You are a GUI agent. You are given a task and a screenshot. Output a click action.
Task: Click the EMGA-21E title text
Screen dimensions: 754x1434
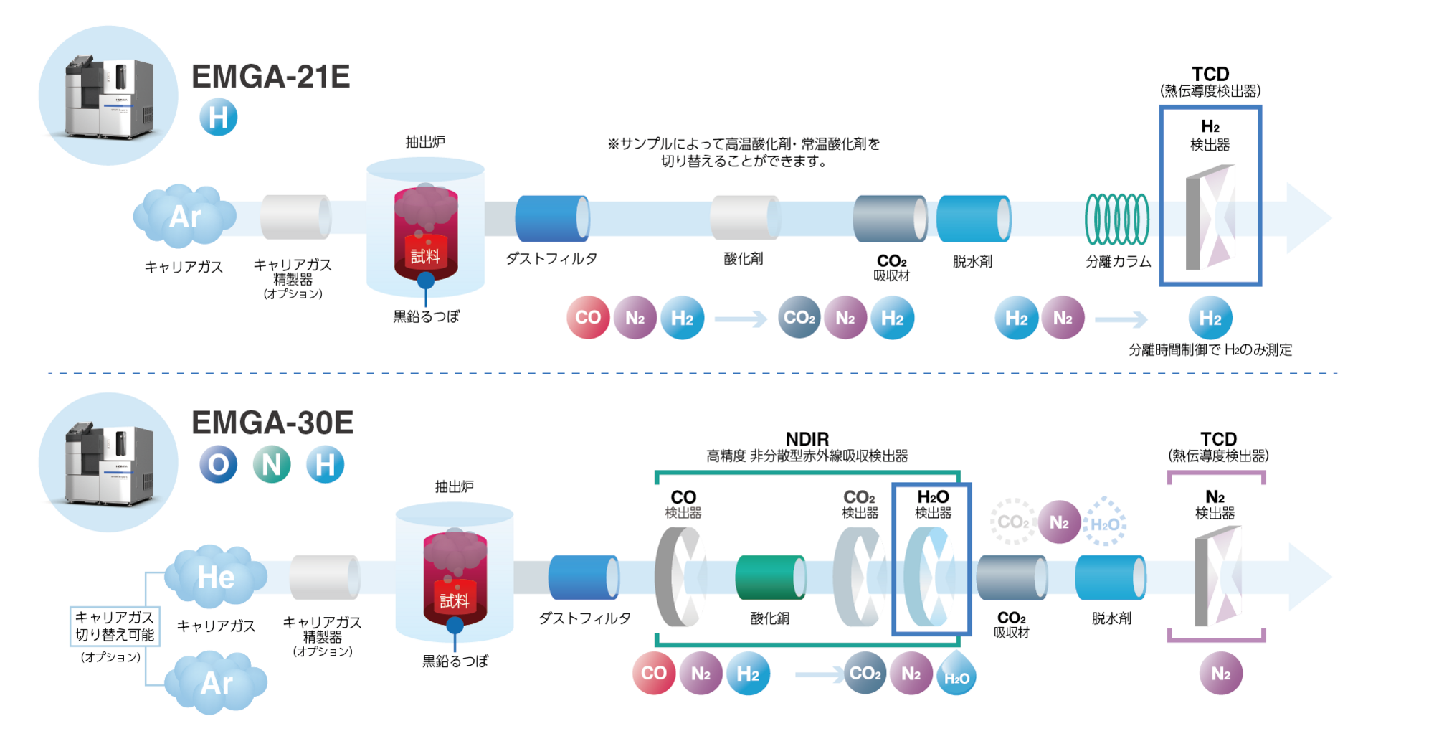270,77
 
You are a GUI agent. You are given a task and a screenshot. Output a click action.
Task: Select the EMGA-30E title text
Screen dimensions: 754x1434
272,423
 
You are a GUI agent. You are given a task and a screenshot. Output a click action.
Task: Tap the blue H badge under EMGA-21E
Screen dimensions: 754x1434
219,118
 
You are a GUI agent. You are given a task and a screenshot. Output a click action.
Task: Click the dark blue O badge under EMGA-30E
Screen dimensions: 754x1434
218,465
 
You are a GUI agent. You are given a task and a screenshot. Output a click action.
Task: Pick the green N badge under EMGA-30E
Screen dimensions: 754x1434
272,465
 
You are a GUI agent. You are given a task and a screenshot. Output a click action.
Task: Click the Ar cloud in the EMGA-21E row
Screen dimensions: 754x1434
184,216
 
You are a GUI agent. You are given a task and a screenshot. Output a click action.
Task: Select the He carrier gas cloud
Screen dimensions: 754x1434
215,576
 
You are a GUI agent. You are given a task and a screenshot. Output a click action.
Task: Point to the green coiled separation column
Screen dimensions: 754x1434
1116,219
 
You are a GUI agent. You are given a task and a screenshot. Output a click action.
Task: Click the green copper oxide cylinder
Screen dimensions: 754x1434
770,577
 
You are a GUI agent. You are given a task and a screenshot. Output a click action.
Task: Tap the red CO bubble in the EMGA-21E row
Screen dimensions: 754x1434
588,318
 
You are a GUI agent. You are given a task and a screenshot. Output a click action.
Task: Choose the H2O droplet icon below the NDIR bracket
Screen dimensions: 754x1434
956,674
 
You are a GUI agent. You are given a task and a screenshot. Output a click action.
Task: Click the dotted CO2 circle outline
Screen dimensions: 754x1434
1012,522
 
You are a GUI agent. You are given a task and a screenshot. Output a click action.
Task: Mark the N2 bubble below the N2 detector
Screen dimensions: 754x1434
1220,674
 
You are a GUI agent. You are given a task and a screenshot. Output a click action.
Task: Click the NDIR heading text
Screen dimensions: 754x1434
807,439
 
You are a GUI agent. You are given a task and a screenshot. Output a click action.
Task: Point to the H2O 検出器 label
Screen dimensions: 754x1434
933,504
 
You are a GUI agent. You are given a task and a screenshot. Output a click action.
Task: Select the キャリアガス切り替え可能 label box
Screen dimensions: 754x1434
115,626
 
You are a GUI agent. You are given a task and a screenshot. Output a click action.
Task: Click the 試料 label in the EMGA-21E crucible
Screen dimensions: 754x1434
425,256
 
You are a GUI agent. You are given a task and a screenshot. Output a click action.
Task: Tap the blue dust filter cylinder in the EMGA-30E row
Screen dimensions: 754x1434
584,577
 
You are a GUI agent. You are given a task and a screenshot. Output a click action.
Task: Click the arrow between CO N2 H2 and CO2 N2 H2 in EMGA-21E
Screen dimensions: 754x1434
741,319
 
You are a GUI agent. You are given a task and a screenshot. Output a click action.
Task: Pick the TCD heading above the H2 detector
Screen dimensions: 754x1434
1210,74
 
